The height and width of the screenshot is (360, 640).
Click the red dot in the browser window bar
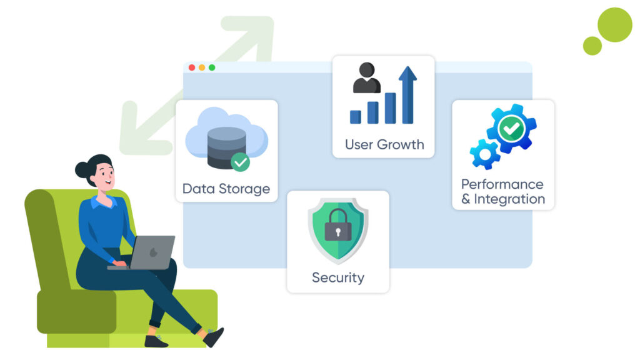[x=192, y=67]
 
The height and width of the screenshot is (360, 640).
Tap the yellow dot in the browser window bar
[x=202, y=67]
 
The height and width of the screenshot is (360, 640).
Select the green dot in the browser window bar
[x=212, y=67]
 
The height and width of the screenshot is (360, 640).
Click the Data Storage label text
[x=226, y=188]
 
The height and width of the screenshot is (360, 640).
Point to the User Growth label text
[x=384, y=144]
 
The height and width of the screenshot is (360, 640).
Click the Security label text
[x=337, y=277]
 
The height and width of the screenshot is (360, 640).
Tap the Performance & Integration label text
[x=502, y=192]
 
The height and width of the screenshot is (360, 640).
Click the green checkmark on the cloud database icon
[x=240, y=162]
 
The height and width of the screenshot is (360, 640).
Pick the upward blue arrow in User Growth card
[x=407, y=94]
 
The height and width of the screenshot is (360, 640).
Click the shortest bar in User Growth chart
[x=355, y=117]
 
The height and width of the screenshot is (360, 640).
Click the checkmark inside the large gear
[x=512, y=129]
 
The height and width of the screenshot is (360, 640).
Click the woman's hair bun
[x=82, y=169]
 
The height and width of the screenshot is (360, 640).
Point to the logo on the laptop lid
[x=154, y=252]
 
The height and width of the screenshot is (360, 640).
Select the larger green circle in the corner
[x=614, y=25]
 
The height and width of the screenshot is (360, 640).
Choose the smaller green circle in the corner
[x=592, y=46]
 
